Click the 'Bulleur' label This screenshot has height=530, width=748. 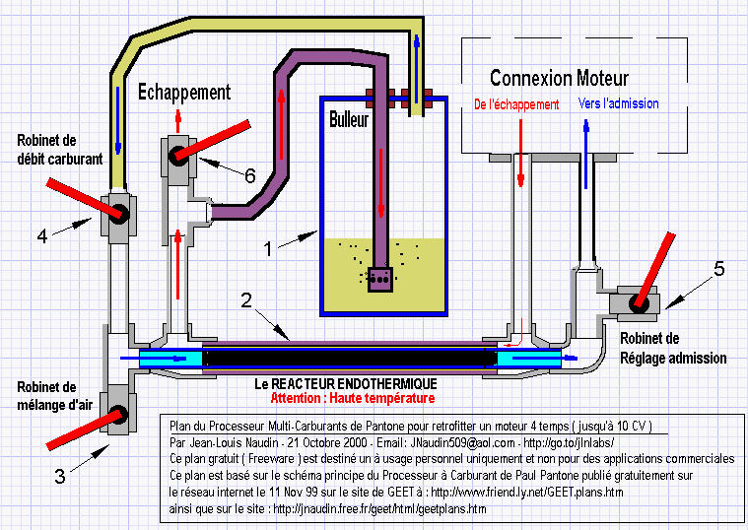[349, 119]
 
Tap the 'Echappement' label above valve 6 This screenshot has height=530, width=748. [184, 92]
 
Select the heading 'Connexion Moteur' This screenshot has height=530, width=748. [559, 78]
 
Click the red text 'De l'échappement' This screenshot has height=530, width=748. [516, 104]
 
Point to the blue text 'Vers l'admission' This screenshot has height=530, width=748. [618, 103]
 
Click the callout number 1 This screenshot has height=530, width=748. [268, 248]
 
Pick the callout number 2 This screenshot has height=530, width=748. [246, 300]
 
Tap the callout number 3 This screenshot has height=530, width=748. [60, 476]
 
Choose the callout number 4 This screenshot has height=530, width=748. [42, 236]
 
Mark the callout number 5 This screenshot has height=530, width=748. [718, 269]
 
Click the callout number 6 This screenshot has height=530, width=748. [250, 176]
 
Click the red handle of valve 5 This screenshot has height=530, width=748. [656, 270]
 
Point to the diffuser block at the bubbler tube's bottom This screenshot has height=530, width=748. [380, 280]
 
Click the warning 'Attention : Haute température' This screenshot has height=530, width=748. [353, 398]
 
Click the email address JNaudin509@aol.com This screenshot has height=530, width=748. [462, 442]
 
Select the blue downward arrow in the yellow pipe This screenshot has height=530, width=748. [118, 120]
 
